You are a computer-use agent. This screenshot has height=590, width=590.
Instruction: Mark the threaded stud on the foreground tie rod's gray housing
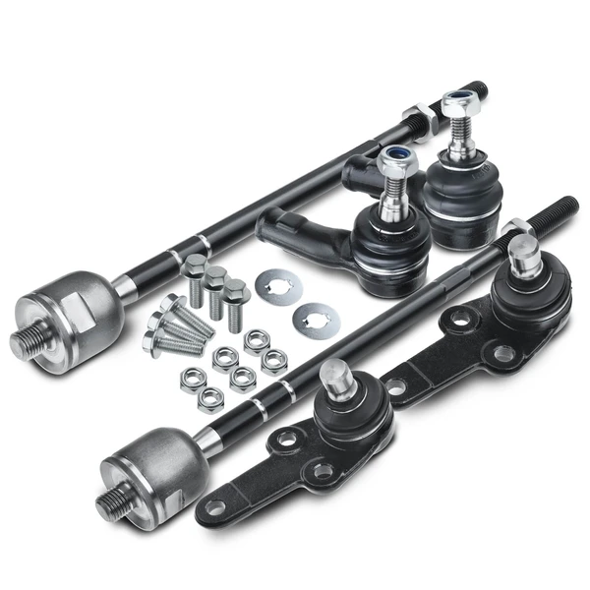click(113, 502)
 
